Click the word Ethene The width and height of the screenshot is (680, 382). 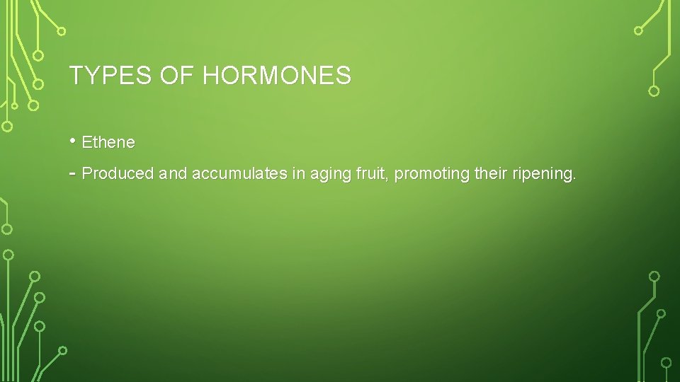[108, 142]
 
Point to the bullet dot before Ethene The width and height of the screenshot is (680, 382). [73, 141]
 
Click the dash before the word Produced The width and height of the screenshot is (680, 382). [73, 173]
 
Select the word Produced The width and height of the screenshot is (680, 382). [118, 174]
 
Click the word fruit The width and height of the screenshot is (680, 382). [370, 174]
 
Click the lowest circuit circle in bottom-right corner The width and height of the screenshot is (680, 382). [666, 362]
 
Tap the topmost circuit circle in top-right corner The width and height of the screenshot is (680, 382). [638, 30]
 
